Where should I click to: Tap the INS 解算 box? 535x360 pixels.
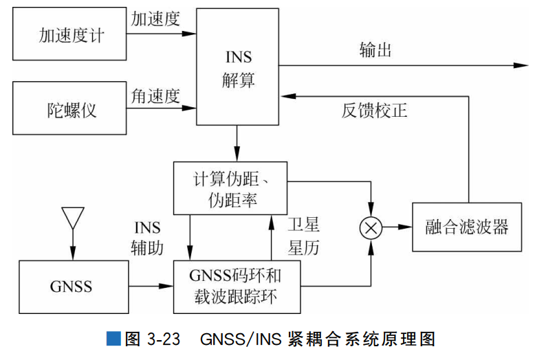coord(238,67)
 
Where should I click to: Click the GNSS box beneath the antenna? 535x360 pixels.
coord(72,285)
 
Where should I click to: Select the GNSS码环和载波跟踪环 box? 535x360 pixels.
coord(238,286)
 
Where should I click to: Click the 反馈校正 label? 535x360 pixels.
coord(374,110)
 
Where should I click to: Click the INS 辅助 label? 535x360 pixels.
coord(147,237)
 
